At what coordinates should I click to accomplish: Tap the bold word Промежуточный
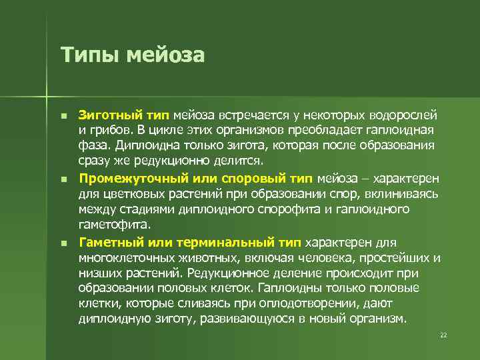(129, 179)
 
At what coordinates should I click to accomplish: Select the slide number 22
(443, 335)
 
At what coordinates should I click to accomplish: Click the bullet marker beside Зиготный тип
(63, 116)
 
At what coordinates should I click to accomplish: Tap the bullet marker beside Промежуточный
(63, 179)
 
